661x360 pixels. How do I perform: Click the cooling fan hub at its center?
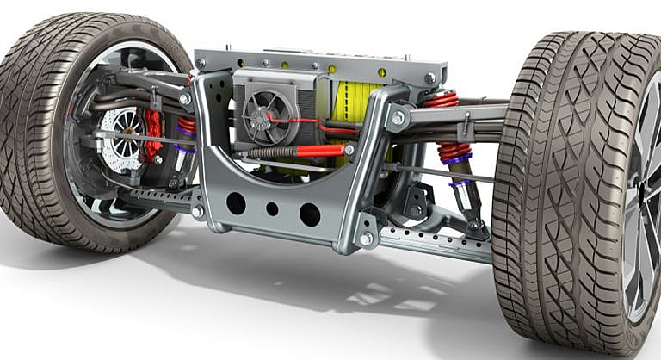259,118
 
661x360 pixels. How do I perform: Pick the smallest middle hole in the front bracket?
272,208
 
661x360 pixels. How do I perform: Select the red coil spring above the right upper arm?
441,99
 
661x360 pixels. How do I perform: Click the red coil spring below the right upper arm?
454,153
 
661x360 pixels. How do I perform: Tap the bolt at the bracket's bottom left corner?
199,211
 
